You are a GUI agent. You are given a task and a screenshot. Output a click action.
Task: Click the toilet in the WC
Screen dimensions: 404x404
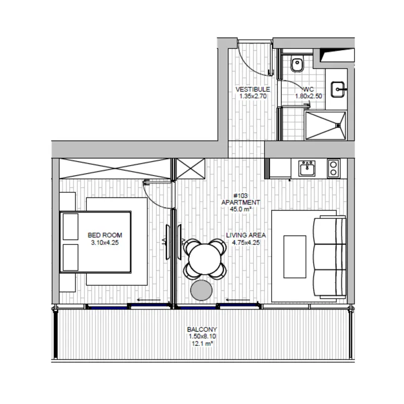[x=297, y=64]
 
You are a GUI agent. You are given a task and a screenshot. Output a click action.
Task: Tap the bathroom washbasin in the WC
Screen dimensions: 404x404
[x=337, y=90]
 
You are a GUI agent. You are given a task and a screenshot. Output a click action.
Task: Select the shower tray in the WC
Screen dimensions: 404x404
[x=325, y=126]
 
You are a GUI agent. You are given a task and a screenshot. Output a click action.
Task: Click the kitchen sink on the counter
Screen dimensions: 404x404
[x=307, y=169]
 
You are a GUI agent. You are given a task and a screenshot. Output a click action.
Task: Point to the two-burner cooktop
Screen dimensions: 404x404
[x=333, y=169]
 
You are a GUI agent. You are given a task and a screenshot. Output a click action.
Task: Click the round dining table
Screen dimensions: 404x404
[x=205, y=259]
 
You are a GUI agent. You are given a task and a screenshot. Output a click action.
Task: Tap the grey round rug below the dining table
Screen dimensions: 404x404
[x=201, y=290]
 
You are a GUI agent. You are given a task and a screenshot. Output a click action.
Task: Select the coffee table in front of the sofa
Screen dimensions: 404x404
[x=295, y=257]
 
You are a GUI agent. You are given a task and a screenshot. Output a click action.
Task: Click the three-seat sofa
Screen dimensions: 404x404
[x=330, y=257]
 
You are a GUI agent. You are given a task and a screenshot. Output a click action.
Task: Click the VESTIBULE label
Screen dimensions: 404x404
[x=253, y=89]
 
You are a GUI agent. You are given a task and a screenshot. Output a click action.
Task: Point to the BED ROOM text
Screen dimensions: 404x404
[x=105, y=235]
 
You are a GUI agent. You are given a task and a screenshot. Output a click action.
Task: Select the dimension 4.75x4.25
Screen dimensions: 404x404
[x=246, y=242]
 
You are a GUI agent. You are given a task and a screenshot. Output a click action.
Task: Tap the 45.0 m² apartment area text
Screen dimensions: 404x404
[x=240, y=209]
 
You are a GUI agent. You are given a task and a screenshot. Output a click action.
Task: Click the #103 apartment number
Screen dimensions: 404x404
[x=240, y=196]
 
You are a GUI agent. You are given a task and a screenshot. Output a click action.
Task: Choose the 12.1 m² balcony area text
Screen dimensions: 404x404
[x=203, y=343]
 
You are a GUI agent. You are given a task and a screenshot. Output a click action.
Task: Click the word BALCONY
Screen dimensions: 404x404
[x=202, y=329]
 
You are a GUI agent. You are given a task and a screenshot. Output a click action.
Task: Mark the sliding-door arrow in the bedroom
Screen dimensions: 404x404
[x=148, y=299]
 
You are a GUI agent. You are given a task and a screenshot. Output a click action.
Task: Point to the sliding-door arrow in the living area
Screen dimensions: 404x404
[x=238, y=299]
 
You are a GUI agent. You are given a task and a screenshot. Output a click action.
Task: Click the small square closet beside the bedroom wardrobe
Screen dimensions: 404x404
[x=190, y=169]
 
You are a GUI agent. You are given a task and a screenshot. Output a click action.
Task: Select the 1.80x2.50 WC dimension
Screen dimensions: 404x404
[x=309, y=96]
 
